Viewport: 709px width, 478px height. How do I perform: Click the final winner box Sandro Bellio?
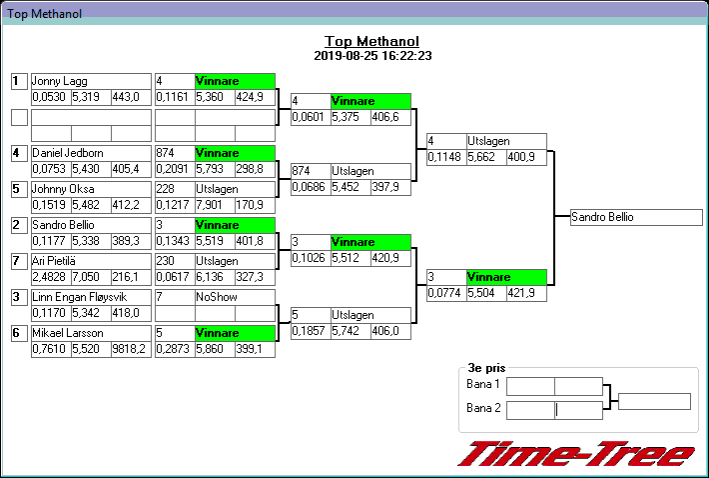[636, 217]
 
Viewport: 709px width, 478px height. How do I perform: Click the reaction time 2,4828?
[50, 277]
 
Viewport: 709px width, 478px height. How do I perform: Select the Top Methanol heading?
[371, 41]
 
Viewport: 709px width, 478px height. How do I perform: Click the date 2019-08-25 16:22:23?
[371, 56]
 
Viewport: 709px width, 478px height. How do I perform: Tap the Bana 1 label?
[483, 385]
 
